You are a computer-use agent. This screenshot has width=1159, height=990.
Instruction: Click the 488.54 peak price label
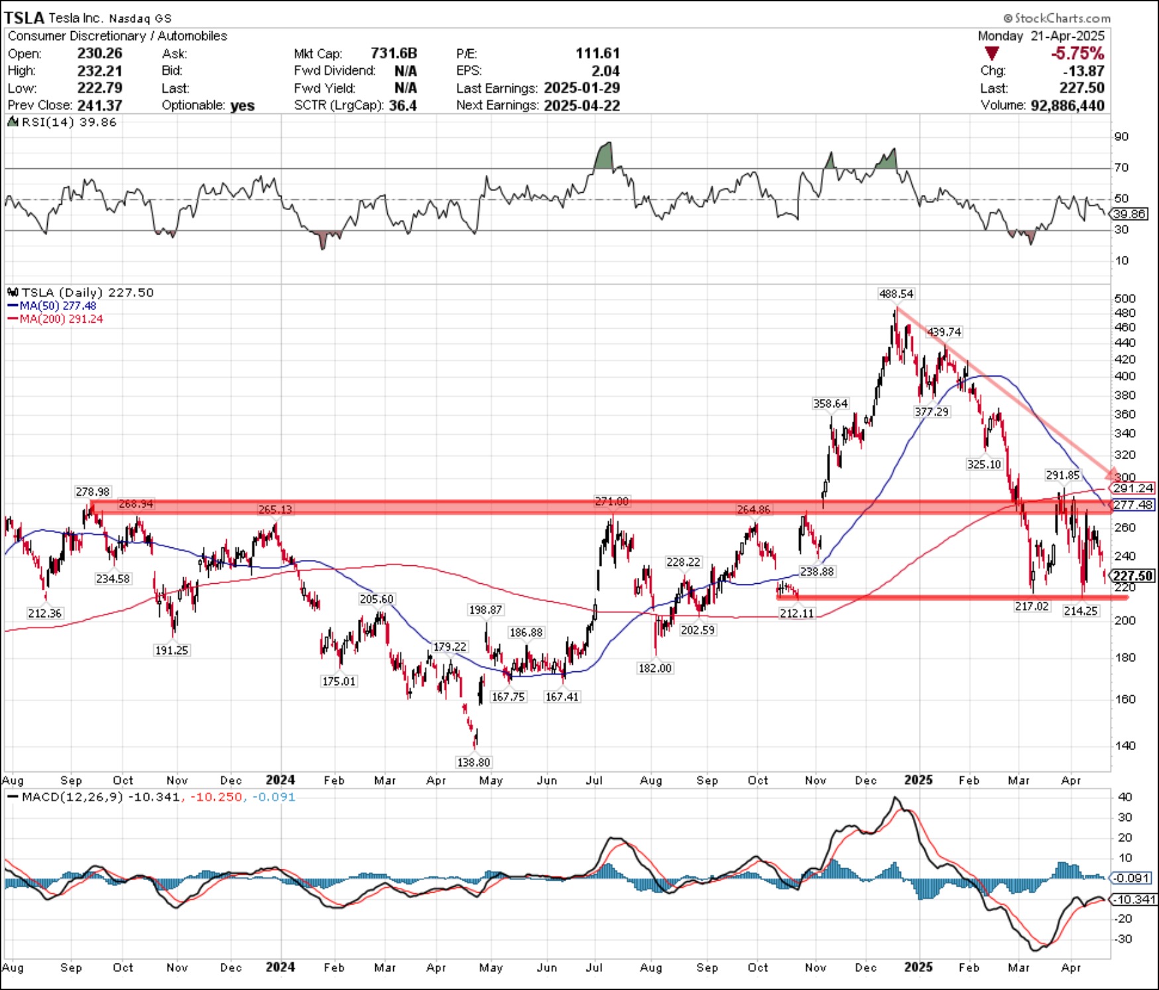click(x=896, y=294)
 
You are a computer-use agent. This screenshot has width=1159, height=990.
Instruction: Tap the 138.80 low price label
click(x=473, y=762)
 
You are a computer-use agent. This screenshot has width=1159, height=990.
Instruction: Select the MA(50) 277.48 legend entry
click(x=58, y=305)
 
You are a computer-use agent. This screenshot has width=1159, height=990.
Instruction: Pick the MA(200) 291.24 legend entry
click(x=61, y=319)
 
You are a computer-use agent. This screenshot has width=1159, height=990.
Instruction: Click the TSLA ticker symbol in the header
click(x=24, y=18)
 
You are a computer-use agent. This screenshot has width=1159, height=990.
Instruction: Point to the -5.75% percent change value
click(x=1077, y=53)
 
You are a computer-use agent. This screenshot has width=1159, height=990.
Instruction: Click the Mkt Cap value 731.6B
click(x=394, y=53)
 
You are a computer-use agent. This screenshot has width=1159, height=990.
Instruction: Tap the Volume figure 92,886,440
click(x=1067, y=105)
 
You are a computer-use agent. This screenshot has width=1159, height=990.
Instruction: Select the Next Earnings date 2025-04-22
click(x=581, y=105)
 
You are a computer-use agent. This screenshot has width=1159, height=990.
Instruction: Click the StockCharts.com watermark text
click(x=1057, y=18)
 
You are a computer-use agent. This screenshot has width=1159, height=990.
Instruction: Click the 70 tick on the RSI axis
click(x=1121, y=168)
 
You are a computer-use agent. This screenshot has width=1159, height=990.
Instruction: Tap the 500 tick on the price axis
click(x=1125, y=298)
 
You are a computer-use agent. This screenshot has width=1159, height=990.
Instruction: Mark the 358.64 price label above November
click(x=830, y=404)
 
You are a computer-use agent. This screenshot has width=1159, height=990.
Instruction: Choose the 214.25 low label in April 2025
click(x=1081, y=611)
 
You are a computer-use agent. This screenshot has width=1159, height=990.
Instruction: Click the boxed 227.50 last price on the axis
click(x=1133, y=576)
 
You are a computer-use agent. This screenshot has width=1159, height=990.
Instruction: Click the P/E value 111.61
click(x=597, y=53)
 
